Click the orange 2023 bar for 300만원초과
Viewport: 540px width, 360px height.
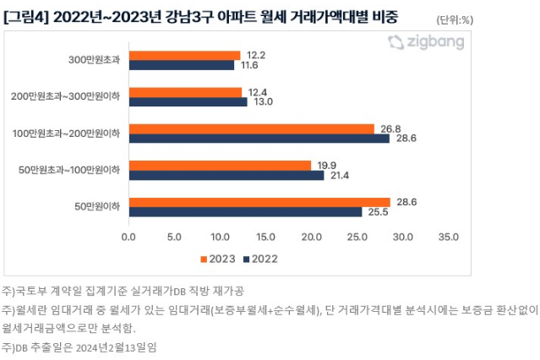(x=184, y=55)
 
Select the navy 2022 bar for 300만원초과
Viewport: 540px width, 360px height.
(x=182, y=65)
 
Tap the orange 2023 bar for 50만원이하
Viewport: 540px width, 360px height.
(x=259, y=202)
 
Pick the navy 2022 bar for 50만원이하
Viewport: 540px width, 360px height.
(x=245, y=212)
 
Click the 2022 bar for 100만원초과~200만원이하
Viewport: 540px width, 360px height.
(x=259, y=139)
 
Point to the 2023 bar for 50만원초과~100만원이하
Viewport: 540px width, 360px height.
(x=220, y=165)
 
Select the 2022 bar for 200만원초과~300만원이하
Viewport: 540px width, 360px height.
(x=188, y=102)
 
